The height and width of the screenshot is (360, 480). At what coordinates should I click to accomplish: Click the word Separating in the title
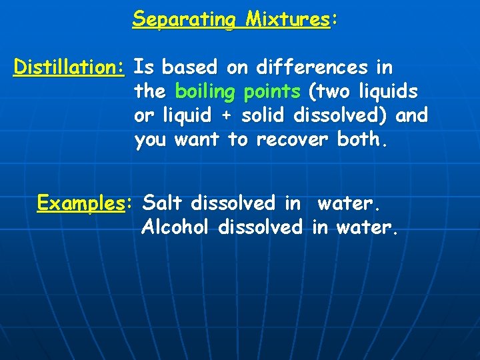tap(183, 19)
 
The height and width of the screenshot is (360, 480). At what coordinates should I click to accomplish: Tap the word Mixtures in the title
tap(287, 19)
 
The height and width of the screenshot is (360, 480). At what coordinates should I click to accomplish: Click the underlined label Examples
tap(81, 203)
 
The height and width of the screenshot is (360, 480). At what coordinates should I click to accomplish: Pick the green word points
tap(273, 91)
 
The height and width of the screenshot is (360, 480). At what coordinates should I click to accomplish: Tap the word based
tap(189, 67)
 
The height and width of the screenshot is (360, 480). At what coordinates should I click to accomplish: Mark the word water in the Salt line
tap(346, 203)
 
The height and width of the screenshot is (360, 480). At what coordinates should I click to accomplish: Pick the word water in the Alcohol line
tap(367, 227)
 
